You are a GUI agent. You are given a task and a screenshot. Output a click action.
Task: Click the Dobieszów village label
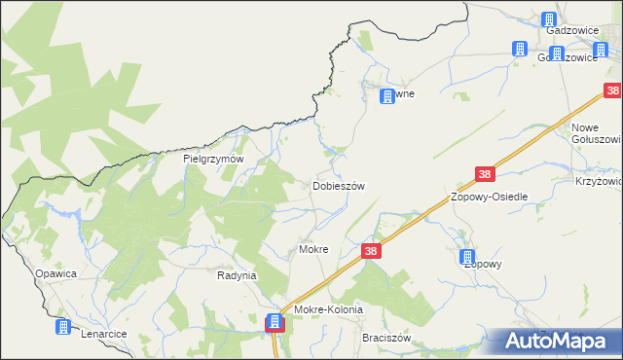(x=338, y=186)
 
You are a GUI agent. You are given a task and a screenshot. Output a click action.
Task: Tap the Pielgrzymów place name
(x=212, y=159)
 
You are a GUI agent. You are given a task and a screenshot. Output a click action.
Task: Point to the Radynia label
(x=236, y=275)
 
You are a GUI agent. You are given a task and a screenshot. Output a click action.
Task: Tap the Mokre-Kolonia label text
(x=328, y=309)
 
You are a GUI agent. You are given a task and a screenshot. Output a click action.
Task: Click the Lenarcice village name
(x=103, y=334)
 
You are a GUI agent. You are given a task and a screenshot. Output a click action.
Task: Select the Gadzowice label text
(x=570, y=30)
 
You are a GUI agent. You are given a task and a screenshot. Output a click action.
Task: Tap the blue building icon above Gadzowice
(x=549, y=18)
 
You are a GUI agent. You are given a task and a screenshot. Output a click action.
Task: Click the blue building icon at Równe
(x=386, y=96)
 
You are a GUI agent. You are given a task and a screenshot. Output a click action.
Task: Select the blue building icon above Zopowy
(x=467, y=257)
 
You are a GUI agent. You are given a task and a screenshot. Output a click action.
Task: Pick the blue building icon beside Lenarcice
(x=63, y=327)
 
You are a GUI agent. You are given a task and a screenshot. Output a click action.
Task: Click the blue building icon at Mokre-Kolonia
(x=275, y=321)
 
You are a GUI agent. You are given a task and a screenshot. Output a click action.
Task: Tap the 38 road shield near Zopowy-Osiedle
(x=486, y=174)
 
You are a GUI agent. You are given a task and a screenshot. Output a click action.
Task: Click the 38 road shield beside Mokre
(x=371, y=250)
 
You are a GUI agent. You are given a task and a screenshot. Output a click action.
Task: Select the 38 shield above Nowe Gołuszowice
(x=612, y=91)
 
